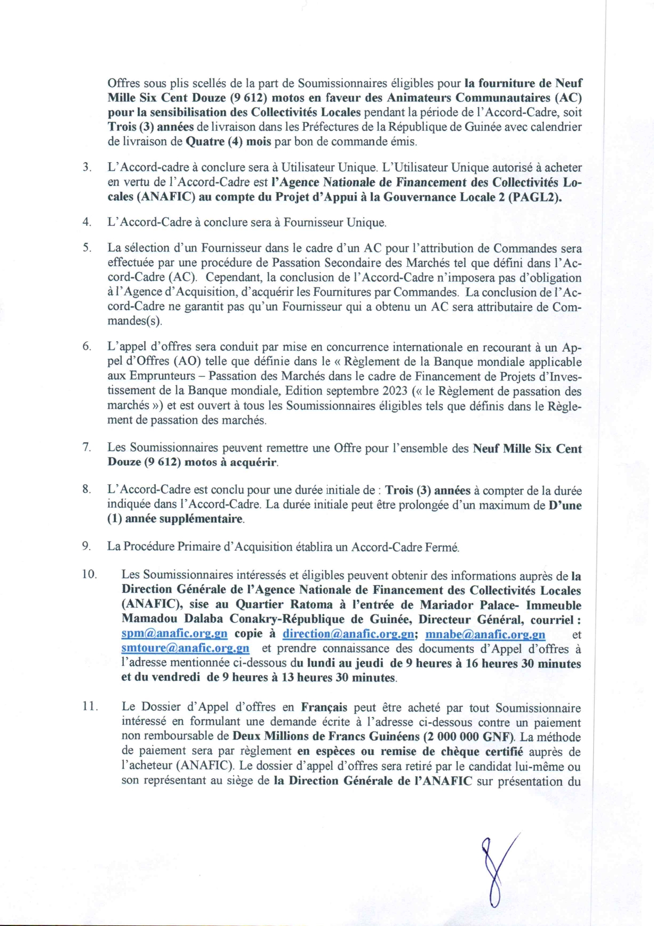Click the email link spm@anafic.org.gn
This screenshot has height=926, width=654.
coord(174,634)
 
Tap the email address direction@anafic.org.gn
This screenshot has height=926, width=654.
coord(348,634)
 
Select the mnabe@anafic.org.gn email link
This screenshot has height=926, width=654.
coord(485,634)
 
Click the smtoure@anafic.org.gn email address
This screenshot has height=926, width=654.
coord(185,649)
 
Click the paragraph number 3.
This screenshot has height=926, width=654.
coord(87,168)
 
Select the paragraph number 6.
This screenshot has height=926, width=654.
coord(87,347)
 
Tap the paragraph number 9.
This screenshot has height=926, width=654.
coord(87,546)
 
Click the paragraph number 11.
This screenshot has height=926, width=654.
coord(89,707)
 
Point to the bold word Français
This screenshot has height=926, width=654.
coord(324,708)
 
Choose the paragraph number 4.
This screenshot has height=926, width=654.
coord(87,222)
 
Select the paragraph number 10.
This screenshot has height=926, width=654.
coord(89,575)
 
